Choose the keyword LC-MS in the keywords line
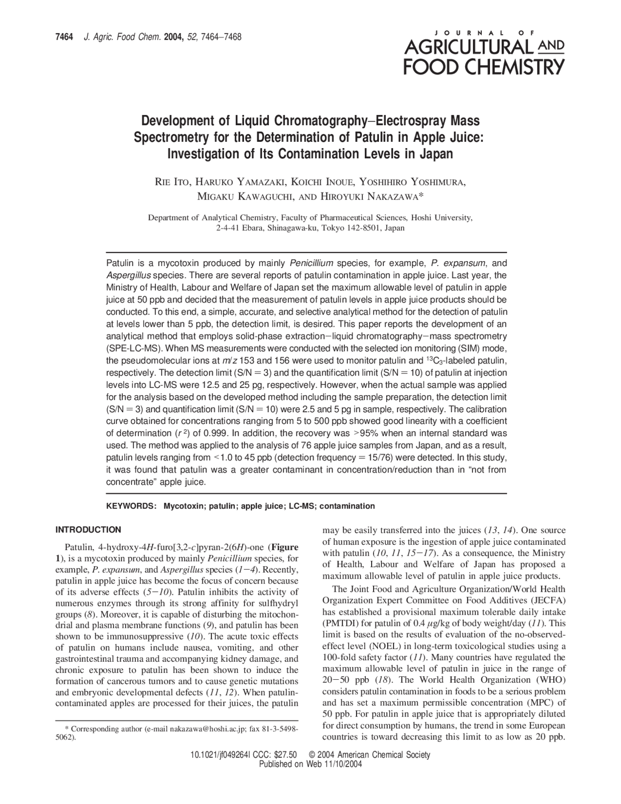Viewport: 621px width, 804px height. [x=301, y=506]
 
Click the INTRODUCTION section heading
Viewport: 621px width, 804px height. [x=88, y=530]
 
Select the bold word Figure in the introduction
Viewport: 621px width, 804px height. [x=285, y=546]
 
